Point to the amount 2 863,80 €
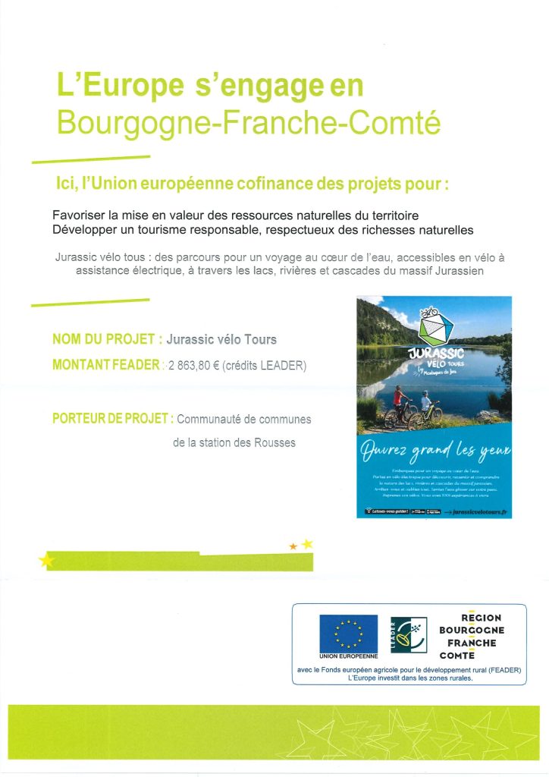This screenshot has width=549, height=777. point(196,365)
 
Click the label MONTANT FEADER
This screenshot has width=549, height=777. point(105,365)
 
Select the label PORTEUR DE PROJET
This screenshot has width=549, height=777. point(112,419)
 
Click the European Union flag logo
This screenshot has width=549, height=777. point(348,632)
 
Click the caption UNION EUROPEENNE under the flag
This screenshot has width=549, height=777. point(348,656)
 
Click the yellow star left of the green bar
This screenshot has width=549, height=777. point(47,561)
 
